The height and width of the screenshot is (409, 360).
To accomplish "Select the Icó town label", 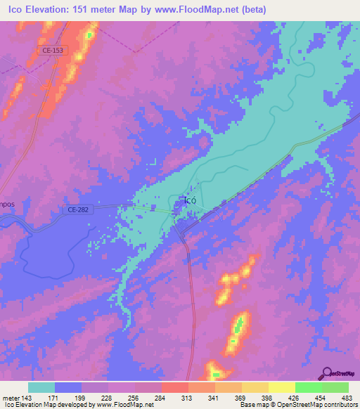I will (189, 200).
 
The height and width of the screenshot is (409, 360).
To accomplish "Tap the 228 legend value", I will (108, 398).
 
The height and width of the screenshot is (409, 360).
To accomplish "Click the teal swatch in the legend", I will (41, 387).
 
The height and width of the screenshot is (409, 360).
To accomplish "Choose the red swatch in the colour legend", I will (174, 387).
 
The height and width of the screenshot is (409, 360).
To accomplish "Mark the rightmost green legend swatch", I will (335, 387).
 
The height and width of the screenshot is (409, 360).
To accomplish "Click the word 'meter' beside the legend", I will (10, 398).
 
